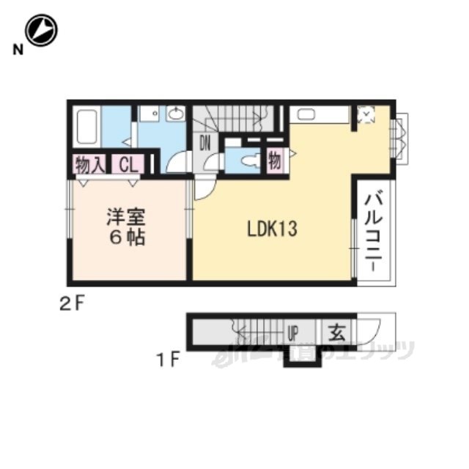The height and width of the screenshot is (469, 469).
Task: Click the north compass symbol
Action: (x=41, y=31)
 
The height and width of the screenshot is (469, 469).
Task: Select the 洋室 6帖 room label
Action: (x=127, y=226)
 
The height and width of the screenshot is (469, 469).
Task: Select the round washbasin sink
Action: (x=176, y=114)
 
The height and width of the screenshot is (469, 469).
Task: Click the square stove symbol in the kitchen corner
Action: (x=365, y=114)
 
